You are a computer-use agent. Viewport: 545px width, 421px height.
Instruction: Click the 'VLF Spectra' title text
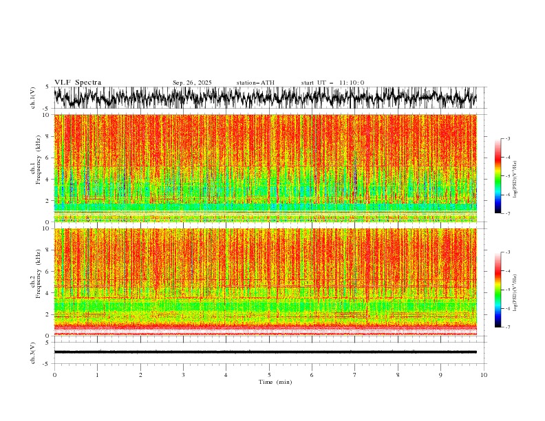coord(78,83)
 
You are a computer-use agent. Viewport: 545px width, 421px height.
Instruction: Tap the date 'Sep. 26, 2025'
coord(192,83)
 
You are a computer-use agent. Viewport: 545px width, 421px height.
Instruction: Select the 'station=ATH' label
coord(255,83)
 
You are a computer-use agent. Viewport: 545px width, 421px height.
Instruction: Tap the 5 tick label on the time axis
coord(269,375)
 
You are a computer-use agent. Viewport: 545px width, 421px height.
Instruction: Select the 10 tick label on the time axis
coord(484,375)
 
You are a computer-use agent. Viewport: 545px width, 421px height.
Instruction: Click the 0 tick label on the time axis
coord(54,375)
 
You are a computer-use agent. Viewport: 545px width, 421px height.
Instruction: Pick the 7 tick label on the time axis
coord(355,375)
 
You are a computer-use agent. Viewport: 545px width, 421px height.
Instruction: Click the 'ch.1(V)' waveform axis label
coord(32,98)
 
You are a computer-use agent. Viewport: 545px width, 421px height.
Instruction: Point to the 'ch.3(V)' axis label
coord(32,352)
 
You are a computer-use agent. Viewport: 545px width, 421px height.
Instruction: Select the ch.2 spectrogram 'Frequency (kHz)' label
coord(34,282)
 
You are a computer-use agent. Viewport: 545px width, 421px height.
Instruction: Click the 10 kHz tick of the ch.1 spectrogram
coord(45,115)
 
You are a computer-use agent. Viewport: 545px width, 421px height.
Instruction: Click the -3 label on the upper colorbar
coord(507,139)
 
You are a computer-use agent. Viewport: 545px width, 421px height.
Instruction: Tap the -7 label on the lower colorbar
coord(507,327)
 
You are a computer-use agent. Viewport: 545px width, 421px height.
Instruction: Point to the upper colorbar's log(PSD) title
coord(515,175)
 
